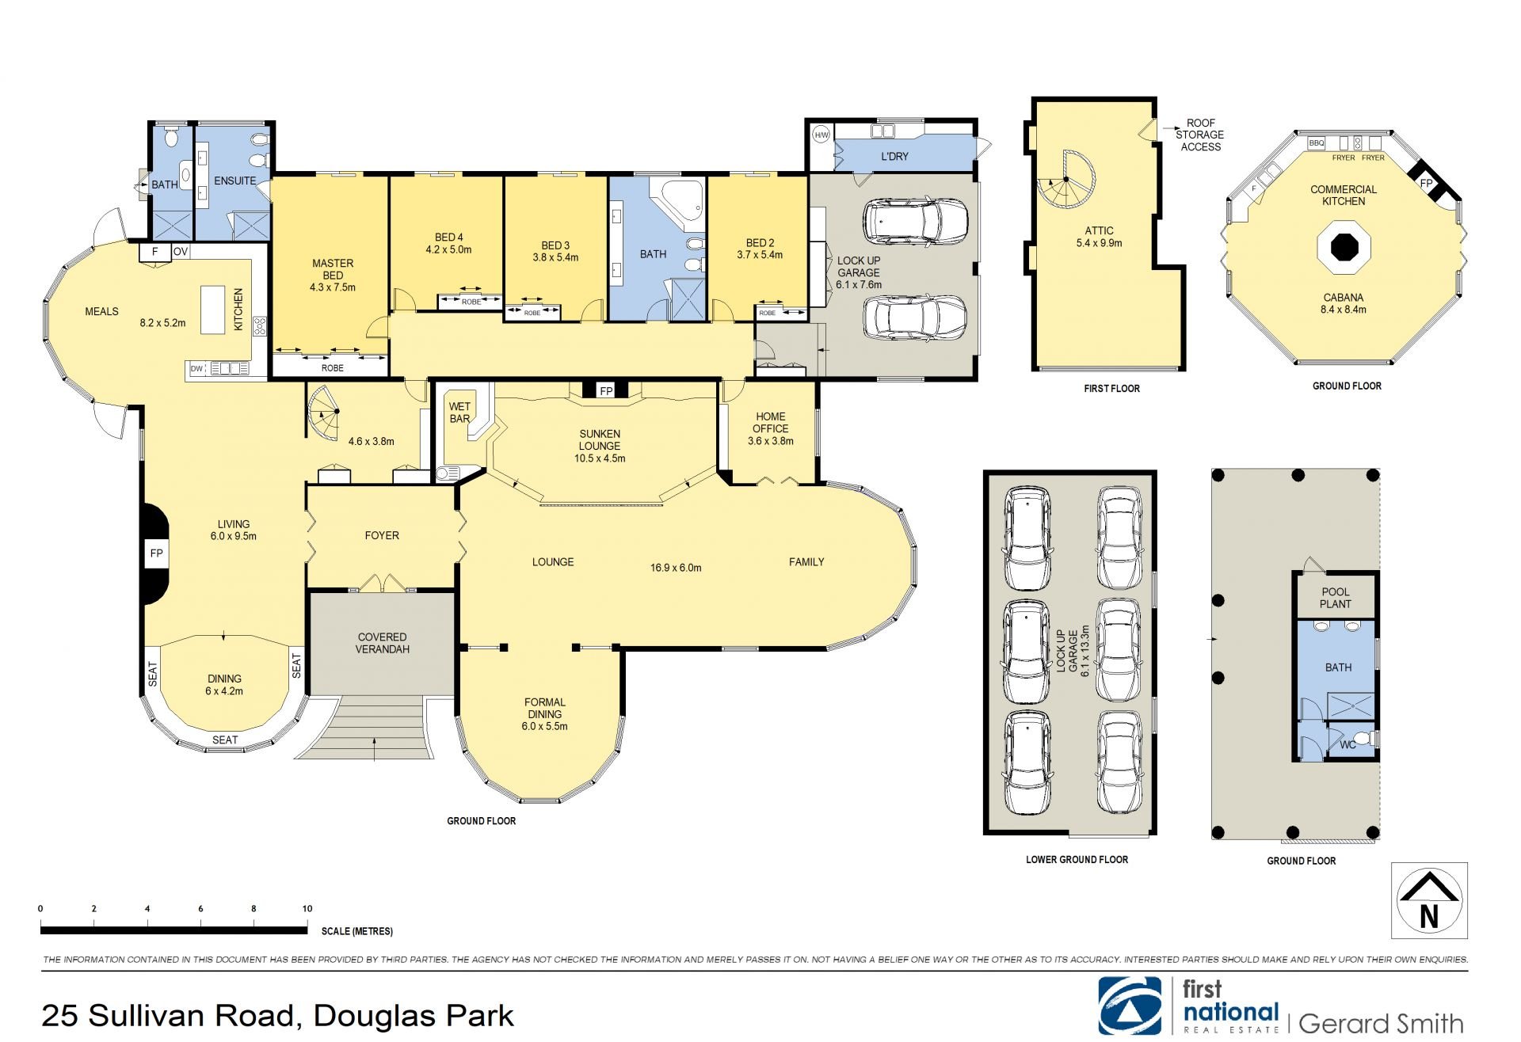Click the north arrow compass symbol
pos(1429,900)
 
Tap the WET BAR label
pos(459,413)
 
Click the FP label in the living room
pos(156,553)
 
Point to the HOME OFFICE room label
pos(771,422)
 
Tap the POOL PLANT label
pos(1336,598)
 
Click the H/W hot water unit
pos(821,135)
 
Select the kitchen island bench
pos(212,310)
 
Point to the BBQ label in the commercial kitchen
pos(1316,143)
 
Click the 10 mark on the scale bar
pos(307,909)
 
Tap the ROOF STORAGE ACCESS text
pos(1200,135)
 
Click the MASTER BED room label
pos(333,269)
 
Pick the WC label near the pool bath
pos(1348,745)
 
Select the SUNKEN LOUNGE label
pos(600,439)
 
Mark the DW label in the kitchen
pos(196,368)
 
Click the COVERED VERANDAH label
pos(382,643)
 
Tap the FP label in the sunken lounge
pos(606,391)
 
